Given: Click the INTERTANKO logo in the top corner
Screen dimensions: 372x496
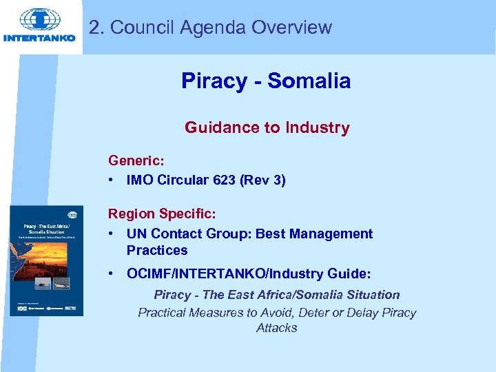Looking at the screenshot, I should click(x=40, y=26).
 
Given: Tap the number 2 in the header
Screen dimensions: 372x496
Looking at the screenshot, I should click(x=94, y=28).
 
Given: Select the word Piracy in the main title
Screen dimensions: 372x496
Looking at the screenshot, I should click(x=214, y=81).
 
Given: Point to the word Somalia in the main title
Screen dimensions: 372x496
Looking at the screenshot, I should click(x=309, y=81).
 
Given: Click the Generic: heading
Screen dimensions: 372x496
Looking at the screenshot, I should click(x=136, y=161).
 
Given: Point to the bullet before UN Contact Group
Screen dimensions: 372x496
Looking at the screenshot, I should click(x=112, y=234).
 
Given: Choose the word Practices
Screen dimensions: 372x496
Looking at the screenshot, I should click(x=157, y=250).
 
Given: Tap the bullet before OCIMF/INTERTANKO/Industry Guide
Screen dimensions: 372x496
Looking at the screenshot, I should click(x=112, y=274).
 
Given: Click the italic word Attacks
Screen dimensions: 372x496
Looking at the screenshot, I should click(x=276, y=328).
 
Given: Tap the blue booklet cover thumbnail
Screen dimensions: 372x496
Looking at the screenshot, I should click(x=47, y=260).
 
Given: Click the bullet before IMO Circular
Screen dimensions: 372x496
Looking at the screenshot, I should click(x=112, y=180).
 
